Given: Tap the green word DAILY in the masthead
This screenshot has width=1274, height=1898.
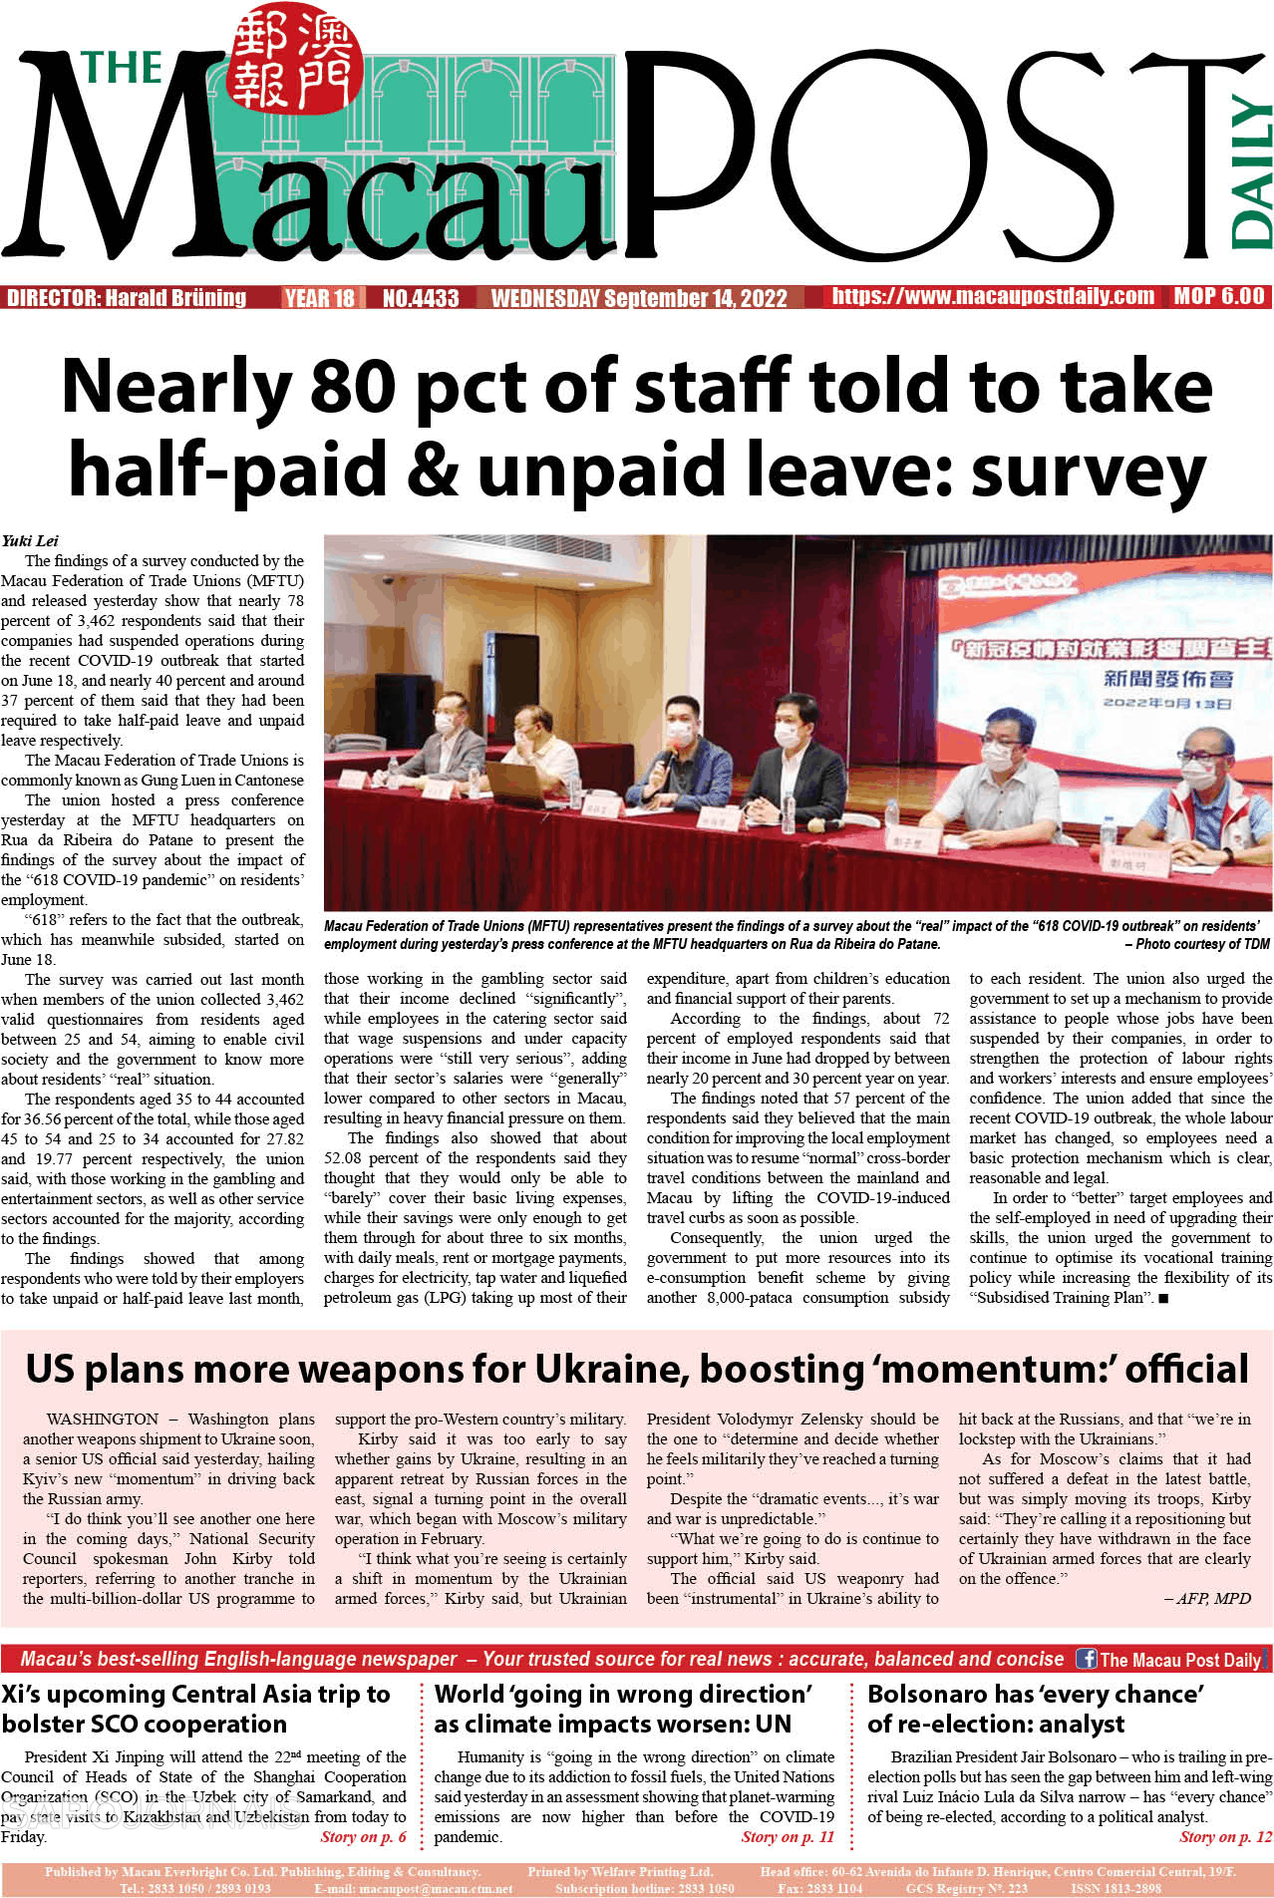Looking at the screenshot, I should coord(1250,171).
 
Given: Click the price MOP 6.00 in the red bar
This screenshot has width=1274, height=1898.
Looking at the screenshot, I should coord(1218,296).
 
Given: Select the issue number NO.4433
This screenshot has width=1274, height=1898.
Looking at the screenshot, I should coord(421,297).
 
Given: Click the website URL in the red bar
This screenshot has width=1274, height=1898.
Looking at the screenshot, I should coord(993,296).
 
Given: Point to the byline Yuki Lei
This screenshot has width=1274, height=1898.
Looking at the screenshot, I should coord(30,540).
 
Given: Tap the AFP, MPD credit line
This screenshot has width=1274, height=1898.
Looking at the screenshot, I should coord(1207,1598).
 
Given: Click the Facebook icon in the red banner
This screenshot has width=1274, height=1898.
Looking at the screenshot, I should coord(1087,1659).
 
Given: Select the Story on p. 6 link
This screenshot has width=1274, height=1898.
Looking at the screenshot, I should coord(363,1836).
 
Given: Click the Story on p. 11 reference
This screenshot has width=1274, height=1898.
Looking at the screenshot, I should coord(788,1836).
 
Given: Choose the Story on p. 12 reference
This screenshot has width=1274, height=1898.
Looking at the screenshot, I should coord(1225,1836).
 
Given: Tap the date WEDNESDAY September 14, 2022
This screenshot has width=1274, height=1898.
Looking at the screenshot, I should coord(639,297).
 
